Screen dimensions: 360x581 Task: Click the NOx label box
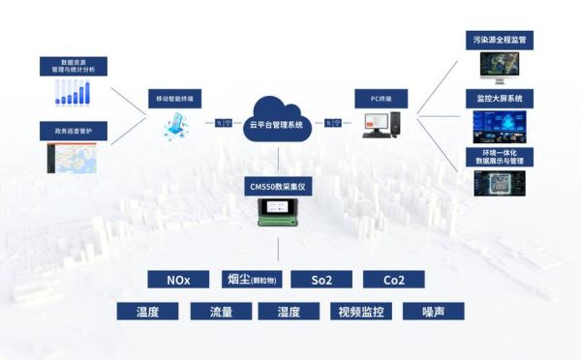click(178, 280)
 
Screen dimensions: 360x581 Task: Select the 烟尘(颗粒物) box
click(251, 280)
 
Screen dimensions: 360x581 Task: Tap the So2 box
click(321, 280)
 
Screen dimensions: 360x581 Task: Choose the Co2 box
click(393, 280)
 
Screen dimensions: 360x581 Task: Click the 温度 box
click(147, 312)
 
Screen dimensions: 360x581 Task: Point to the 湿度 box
click(289, 312)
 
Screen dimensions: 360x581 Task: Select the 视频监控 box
click(360, 312)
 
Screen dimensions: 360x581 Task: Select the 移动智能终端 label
click(176, 99)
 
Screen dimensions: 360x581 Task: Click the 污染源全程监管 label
click(504, 40)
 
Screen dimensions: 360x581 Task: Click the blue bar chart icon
click(73, 93)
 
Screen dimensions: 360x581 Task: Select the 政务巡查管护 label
click(73, 129)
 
